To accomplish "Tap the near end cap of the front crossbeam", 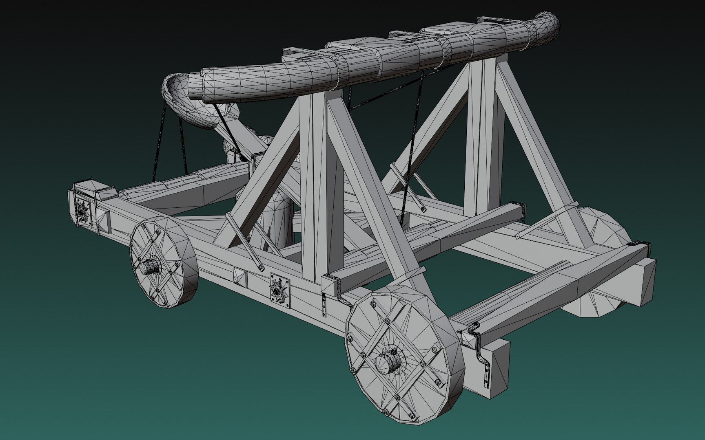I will click(331, 285).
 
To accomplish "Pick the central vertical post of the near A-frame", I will click(314, 183).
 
